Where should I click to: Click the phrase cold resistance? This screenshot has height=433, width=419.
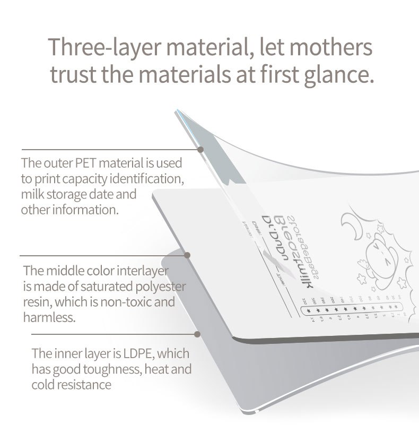pyautogui.click(x=72, y=385)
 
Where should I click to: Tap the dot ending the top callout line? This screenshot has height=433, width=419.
pyautogui.click(x=200, y=150)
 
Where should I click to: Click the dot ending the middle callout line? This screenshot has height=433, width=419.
pyautogui.click(x=187, y=255)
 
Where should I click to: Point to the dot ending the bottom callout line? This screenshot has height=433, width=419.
pyautogui.click(x=197, y=335)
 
